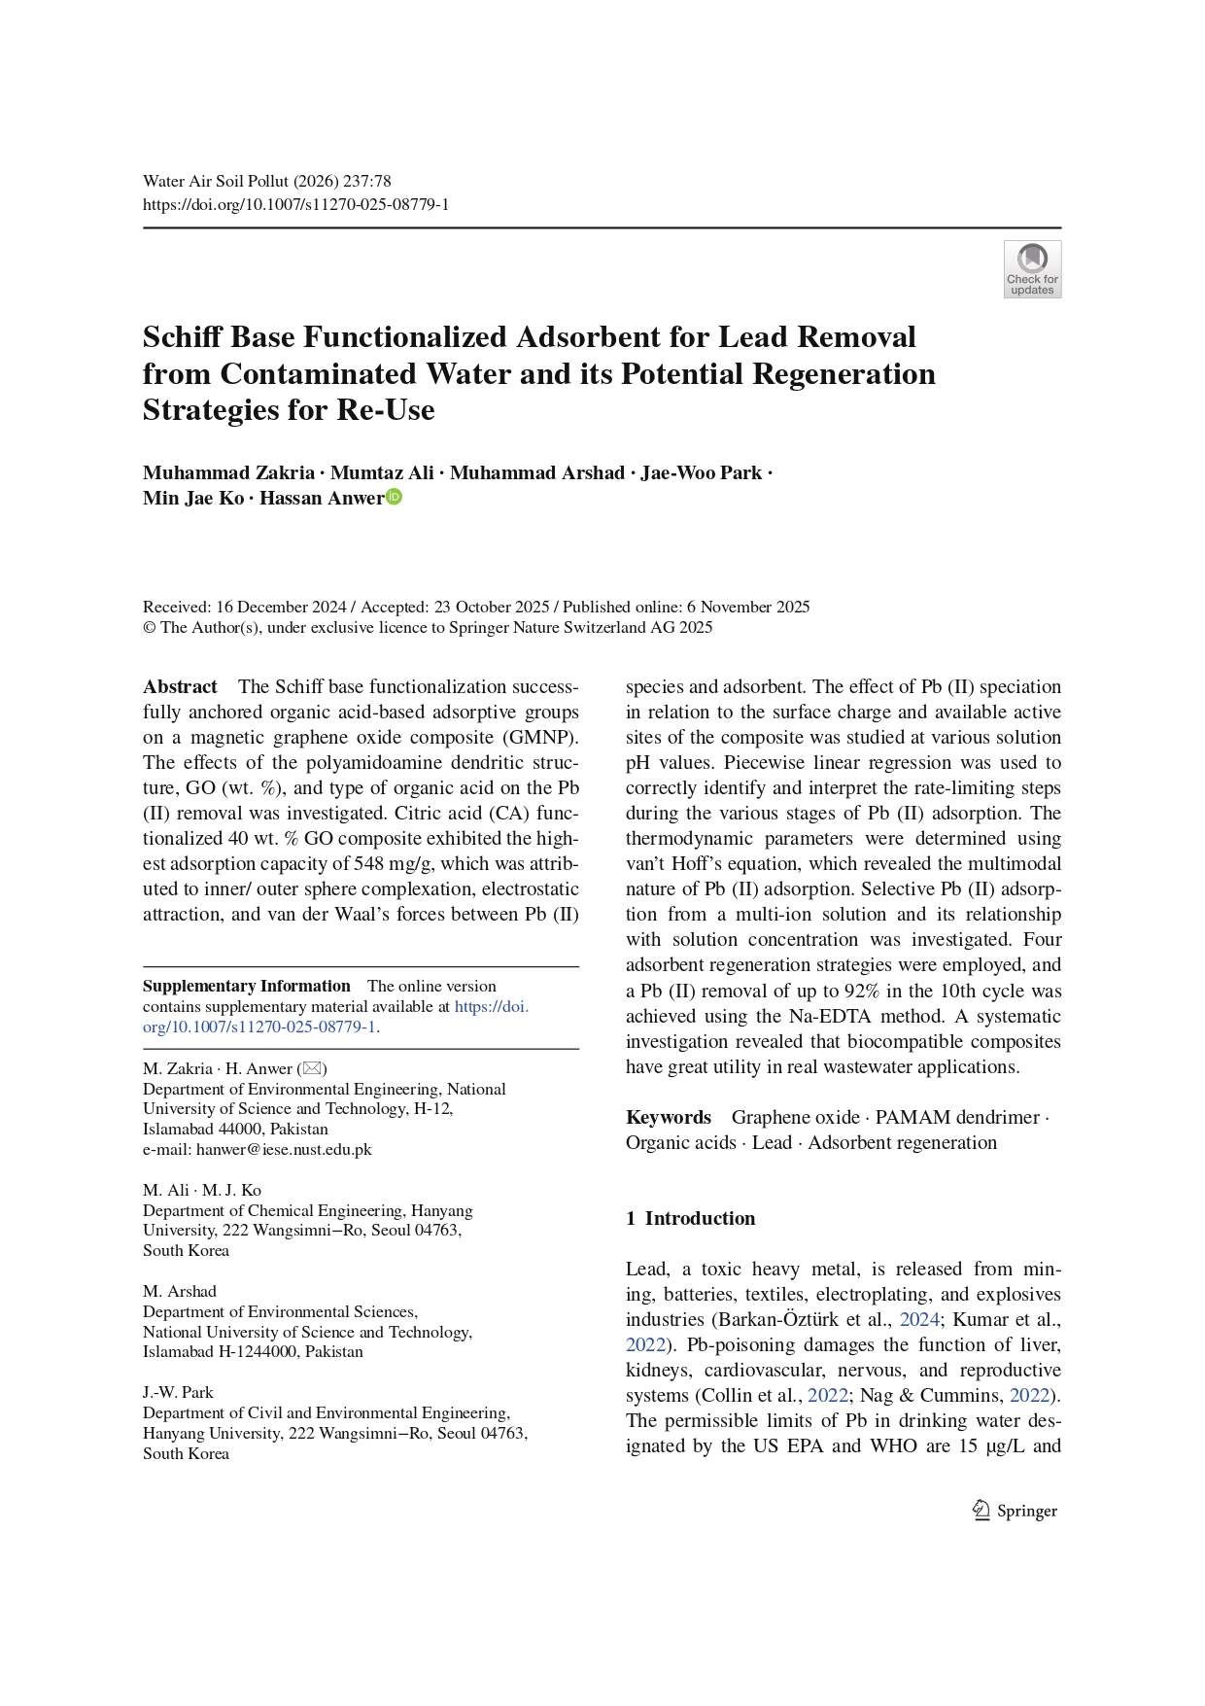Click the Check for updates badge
point(1032,268)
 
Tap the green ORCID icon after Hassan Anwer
point(395,497)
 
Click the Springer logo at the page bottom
point(1016,1511)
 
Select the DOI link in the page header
point(295,204)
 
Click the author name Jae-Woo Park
point(701,472)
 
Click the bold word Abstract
point(180,686)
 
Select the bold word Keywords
point(668,1117)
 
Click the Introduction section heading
point(699,1218)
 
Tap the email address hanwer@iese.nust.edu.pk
point(284,1149)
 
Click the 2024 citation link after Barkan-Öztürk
point(918,1319)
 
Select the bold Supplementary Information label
point(246,986)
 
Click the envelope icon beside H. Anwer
point(312,1068)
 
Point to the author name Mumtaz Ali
point(382,472)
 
